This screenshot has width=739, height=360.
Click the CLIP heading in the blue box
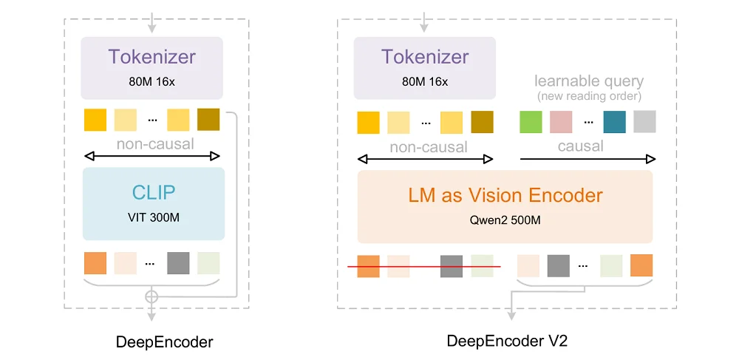click(x=153, y=192)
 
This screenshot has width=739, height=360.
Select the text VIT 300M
click(x=153, y=218)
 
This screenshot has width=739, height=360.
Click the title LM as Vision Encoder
click(x=505, y=195)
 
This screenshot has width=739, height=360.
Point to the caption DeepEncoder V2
click(x=507, y=341)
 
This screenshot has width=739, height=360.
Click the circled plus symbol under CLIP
click(x=152, y=296)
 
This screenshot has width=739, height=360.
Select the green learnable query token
click(x=531, y=121)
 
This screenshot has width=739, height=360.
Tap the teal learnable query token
click(x=614, y=121)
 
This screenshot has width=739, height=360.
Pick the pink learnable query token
click(x=561, y=121)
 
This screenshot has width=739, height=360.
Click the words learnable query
click(x=588, y=81)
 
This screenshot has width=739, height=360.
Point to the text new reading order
click(x=588, y=97)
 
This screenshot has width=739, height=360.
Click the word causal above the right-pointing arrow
click(x=580, y=146)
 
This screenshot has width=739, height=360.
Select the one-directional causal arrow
click(x=588, y=158)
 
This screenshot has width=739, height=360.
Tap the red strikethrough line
click(x=424, y=266)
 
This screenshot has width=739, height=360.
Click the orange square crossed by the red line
click(x=368, y=266)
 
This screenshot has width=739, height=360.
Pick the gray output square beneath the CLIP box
click(x=178, y=263)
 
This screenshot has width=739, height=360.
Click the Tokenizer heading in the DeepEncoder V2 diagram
click(x=425, y=57)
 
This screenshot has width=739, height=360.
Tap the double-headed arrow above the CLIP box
click(x=153, y=156)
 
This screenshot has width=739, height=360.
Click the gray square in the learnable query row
click(x=644, y=121)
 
